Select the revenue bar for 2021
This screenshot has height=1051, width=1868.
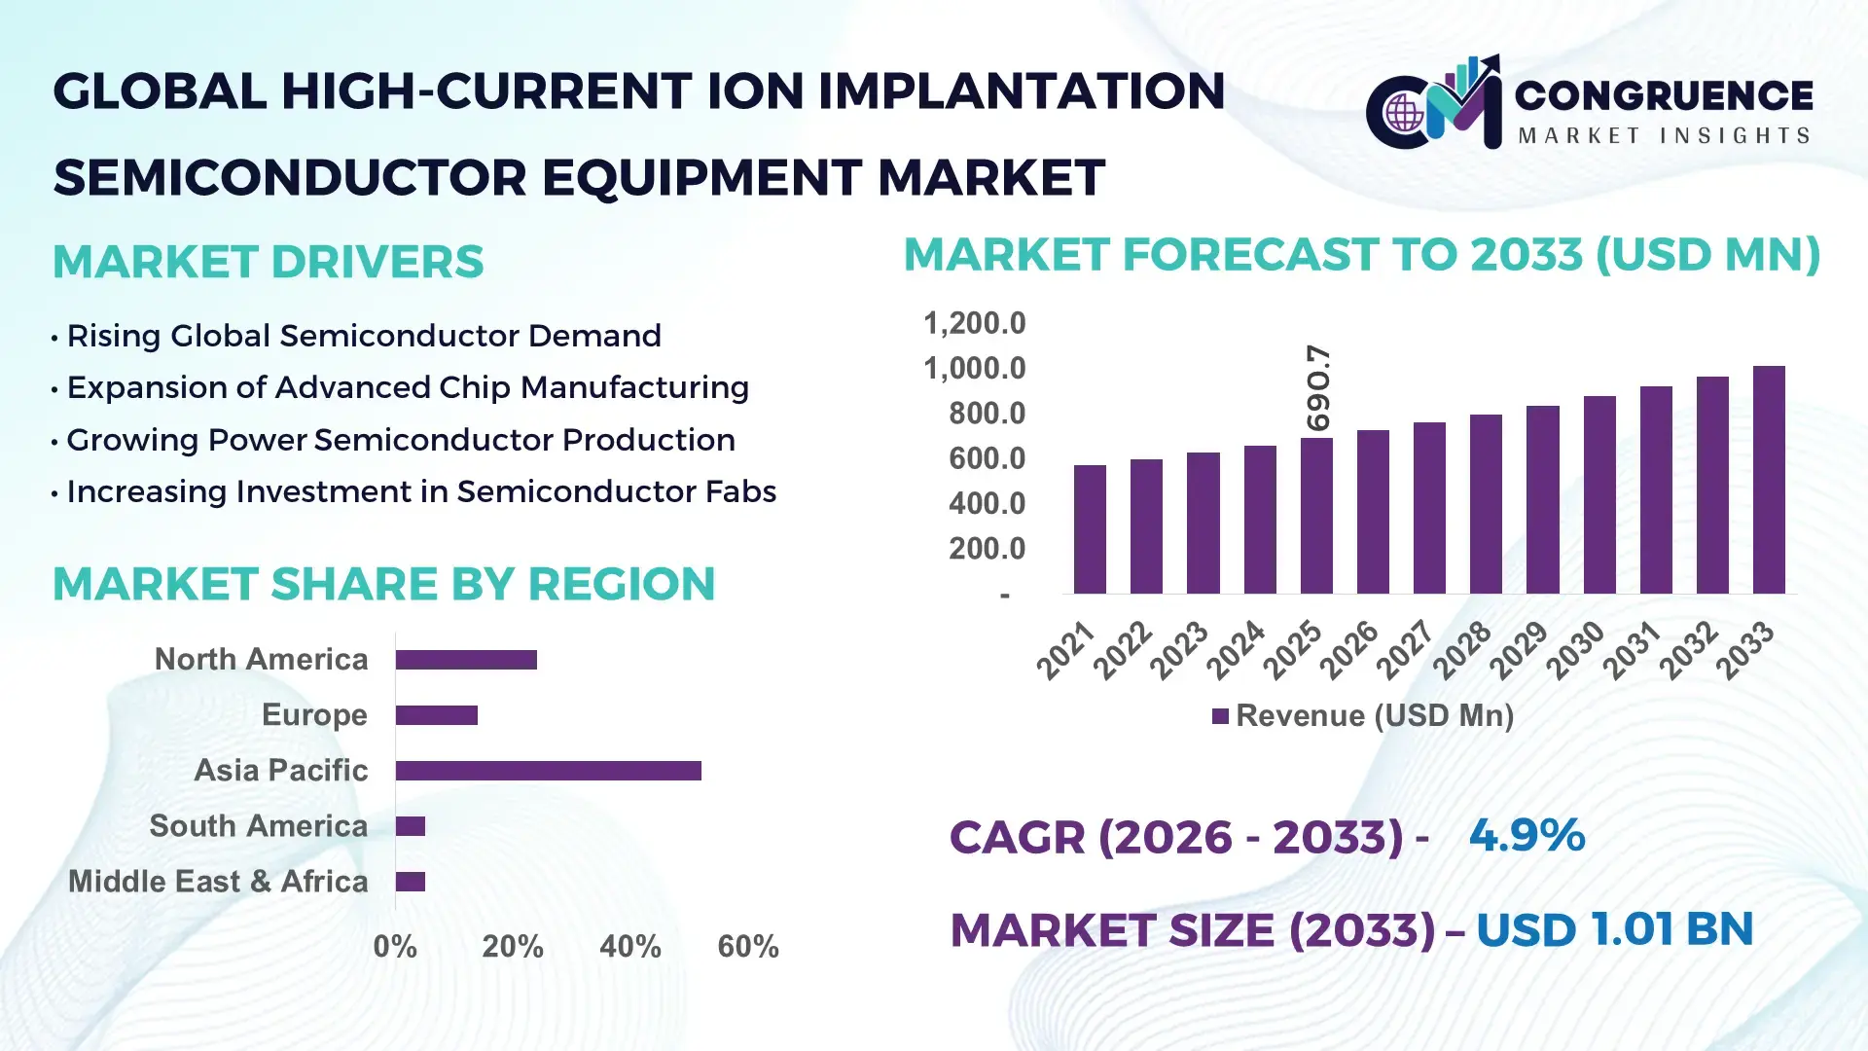(x=1090, y=529)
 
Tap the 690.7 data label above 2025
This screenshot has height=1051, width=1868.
(x=1318, y=387)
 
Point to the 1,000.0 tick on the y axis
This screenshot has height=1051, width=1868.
(x=974, y=369)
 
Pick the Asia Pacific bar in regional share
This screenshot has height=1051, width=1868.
(x=548, y=771)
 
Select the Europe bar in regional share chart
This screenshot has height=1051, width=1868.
(x=436, y=715)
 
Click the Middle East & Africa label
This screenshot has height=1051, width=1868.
(x=218, y=882)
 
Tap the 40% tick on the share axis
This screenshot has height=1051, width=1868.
(x=629, y=947)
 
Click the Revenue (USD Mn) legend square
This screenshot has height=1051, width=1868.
(x=1220, y=717)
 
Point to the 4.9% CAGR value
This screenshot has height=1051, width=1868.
(x=1527, y=836)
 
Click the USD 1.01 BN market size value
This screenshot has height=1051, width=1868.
(x=1614, y=929)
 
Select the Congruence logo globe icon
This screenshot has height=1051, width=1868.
(x=1404, y=114)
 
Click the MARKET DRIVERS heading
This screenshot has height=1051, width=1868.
(x=268, y=262)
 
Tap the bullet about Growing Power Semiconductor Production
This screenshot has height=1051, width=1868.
(x=400, y=440)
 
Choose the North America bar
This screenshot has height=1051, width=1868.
(x=466, y=660)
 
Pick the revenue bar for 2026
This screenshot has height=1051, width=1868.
(x=1373, y=512)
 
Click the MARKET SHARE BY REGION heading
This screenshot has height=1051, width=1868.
(x=383, y=584)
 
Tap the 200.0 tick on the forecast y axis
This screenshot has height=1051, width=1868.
(x=987, y=549)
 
